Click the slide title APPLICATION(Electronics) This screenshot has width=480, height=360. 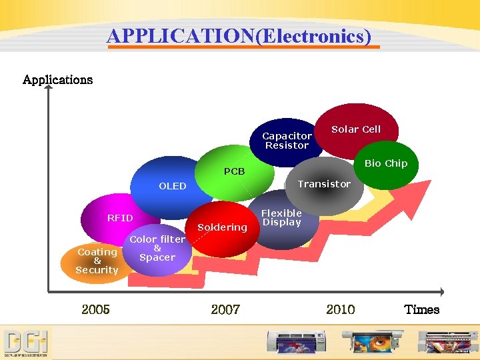[239, 35]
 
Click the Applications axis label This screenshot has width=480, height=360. [57, 80]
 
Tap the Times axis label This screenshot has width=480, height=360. [421, 309]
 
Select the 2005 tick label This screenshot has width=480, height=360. [95, 309]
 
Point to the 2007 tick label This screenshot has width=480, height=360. [225, 309]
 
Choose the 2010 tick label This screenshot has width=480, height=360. [340, 309]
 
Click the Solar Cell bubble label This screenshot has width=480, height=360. [356, 129]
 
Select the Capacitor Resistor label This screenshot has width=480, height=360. [287, 141]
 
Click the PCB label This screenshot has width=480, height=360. [234, 171]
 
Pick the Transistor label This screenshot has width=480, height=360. [324, 184]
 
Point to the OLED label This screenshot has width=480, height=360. [172, 186]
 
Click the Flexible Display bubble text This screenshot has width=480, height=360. [281, 218]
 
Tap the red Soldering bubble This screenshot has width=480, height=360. [223, 229]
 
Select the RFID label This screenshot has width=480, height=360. [120, 218]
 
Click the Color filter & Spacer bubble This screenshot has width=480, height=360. [157, 249]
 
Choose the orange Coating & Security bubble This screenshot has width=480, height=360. [97, 261]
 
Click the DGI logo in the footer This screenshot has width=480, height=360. [26, 343]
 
